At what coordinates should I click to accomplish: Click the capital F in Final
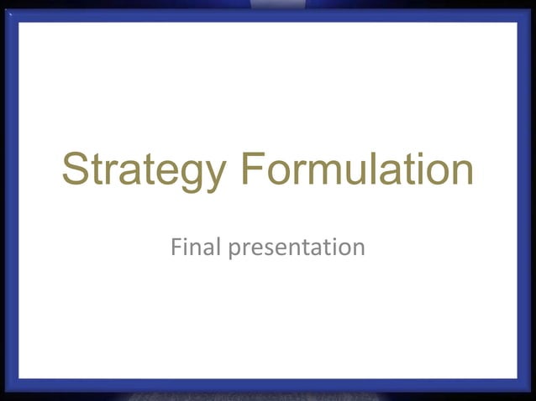pos(176,247)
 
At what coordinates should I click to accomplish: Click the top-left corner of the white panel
pos(19,23)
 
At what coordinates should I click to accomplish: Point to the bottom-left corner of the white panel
pos(19,378)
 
